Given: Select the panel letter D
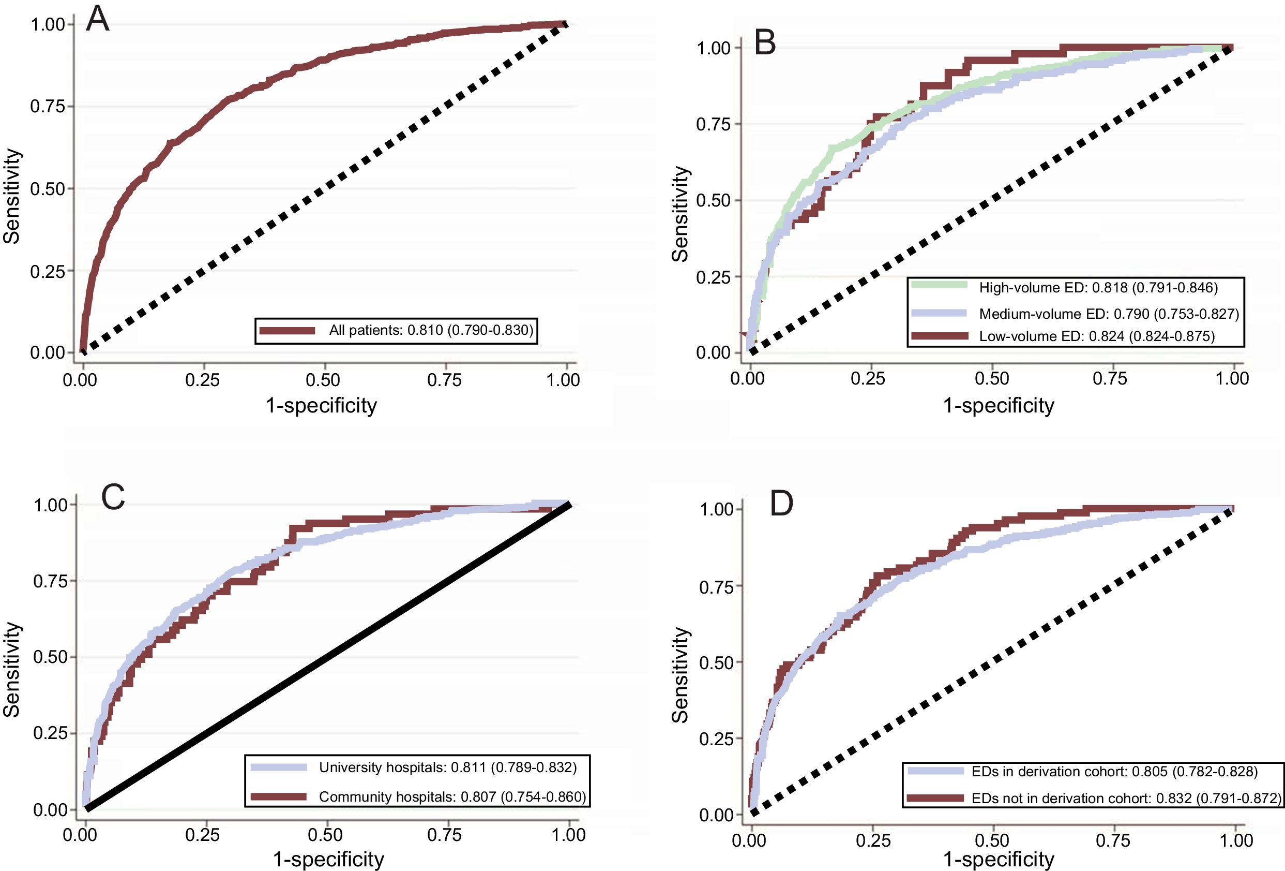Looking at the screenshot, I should coord(781,504).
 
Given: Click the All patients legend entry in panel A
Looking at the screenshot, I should coord(431,331).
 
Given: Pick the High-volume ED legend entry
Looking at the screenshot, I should coord(1098,287).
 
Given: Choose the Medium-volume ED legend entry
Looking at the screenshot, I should coord(1109,314).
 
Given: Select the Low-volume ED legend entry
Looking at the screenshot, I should coord(1096,336).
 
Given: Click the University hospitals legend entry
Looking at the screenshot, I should coord(447,767).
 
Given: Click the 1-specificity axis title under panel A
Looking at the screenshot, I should coord(321,406).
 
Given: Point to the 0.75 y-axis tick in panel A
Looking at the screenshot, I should coord(48,106).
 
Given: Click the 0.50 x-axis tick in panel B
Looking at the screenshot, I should coord(992,378).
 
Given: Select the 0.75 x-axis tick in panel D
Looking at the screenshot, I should coord(1112,840).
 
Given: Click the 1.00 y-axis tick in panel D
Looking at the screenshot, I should coord(717,509).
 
